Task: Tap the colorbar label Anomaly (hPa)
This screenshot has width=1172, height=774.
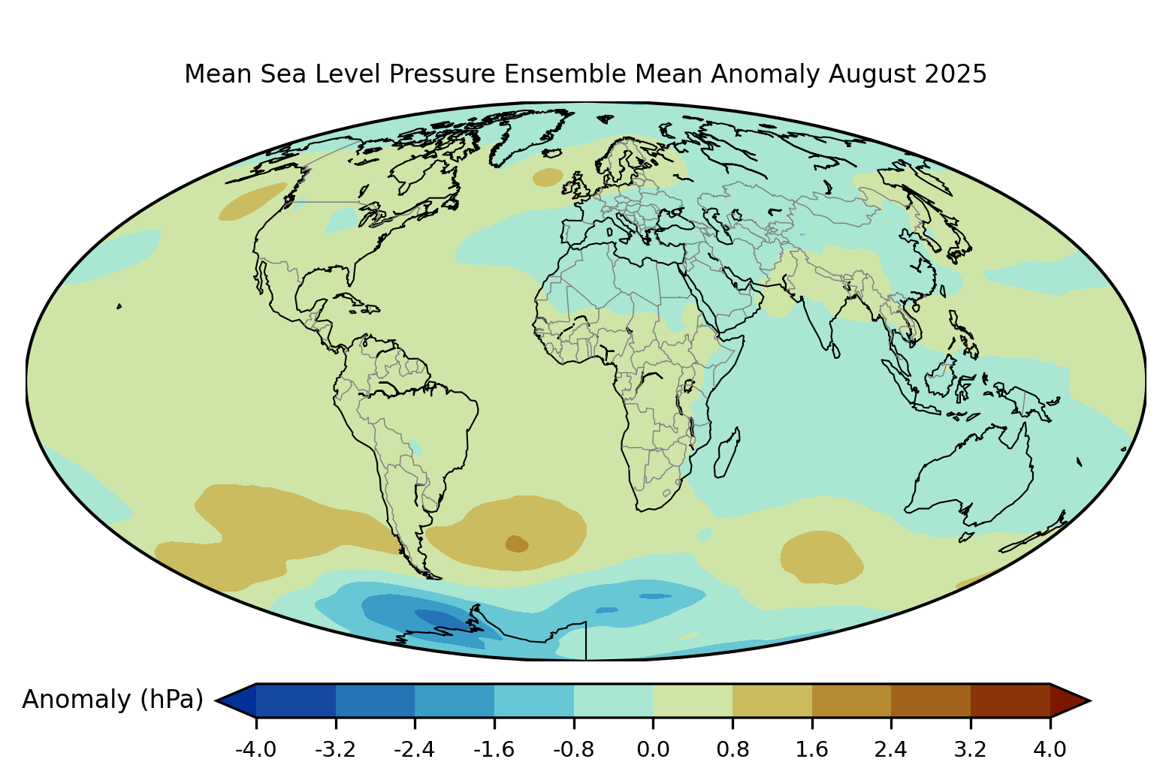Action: [113, 700]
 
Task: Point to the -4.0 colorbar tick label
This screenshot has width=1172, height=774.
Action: [255, 749]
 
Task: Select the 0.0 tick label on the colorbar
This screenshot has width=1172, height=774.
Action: [653, 749]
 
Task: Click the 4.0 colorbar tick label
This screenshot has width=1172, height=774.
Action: [1050, 749]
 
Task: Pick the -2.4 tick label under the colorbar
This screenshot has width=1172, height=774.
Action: [415, 749]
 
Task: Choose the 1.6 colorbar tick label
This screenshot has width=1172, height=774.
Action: [812, 749]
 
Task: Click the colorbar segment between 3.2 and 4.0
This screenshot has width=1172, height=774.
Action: [1010, 700]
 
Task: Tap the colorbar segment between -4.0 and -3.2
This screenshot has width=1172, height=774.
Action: [295, 700]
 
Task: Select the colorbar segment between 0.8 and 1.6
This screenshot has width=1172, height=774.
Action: [772, 700]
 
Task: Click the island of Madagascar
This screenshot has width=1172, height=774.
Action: [726, 452]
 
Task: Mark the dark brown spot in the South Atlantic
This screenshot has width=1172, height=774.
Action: [517, 543]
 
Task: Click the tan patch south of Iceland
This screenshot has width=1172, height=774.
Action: [548, 177]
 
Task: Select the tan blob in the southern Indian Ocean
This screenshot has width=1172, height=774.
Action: [820, 557]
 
